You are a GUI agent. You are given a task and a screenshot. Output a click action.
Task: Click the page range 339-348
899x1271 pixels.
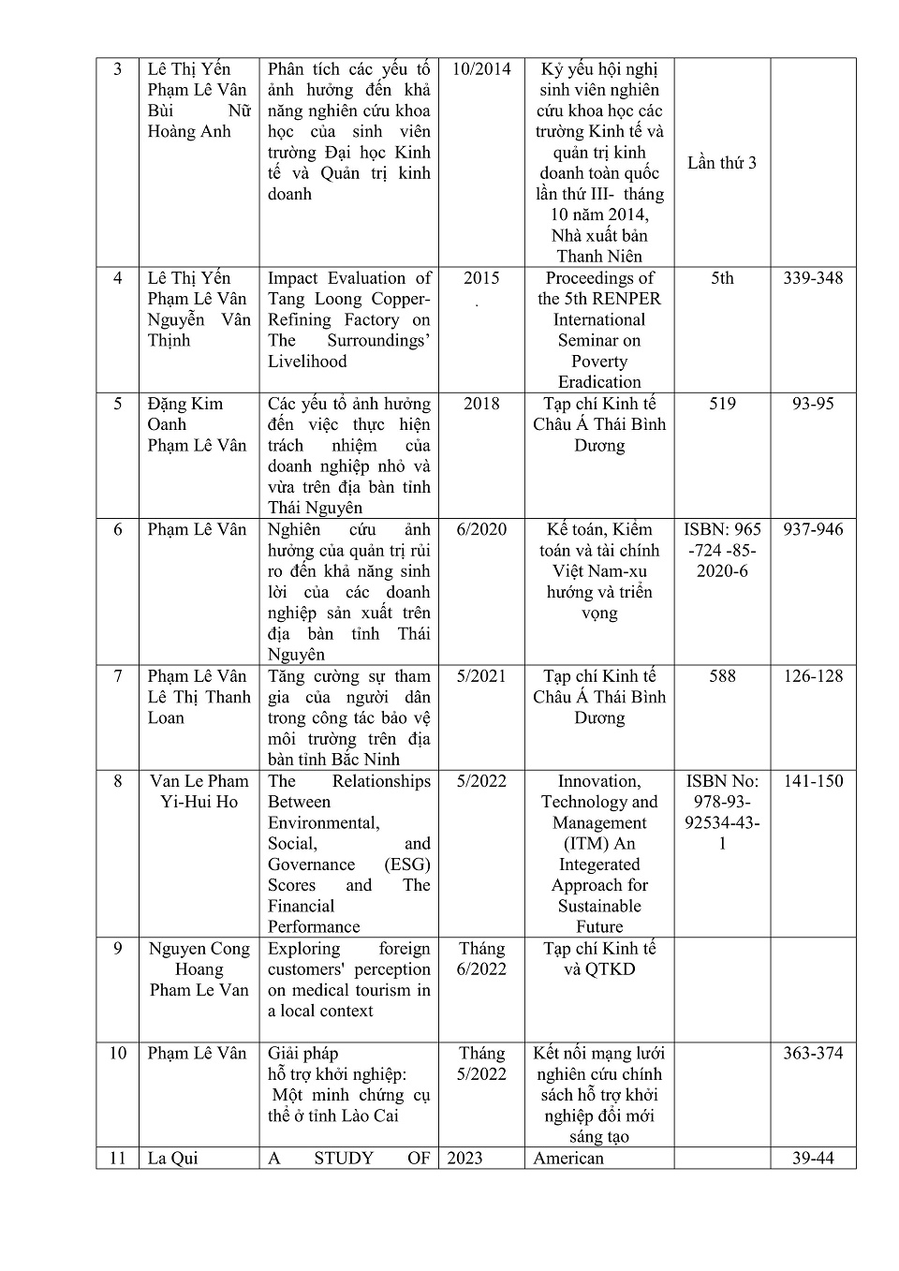[813, 278]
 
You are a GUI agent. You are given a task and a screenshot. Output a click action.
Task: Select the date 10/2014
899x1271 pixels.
[481, 69]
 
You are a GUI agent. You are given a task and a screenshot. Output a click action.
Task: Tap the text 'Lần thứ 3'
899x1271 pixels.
[722, 163]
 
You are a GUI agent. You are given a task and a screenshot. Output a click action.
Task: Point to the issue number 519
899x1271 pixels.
[722, 404]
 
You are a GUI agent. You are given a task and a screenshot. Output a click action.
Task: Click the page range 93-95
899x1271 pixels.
[813, 404]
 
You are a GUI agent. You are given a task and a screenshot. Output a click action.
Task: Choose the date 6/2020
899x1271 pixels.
[481, 529]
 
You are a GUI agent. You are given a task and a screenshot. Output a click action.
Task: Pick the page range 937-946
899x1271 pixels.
[813, 529]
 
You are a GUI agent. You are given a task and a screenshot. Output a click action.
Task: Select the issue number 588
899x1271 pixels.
[722, 676]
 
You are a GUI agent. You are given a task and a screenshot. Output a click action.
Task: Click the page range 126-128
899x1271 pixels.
[813, 676]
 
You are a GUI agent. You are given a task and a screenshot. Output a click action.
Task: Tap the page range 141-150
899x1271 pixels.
[813, 781]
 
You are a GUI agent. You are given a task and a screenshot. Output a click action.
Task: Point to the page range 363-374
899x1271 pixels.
[813, 1054]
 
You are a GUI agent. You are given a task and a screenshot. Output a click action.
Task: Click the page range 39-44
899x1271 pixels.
[813, 1159]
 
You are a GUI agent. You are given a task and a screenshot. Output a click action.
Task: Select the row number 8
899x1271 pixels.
[118, 781]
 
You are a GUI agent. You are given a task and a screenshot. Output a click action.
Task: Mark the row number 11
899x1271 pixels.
[118, 1159]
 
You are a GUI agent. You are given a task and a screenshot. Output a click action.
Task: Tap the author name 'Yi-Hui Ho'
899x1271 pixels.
[199, 802]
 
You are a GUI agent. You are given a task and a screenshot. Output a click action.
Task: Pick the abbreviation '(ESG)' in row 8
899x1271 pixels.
[407, 865]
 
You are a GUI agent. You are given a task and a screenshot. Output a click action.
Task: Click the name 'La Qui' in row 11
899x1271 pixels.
[173, 1159]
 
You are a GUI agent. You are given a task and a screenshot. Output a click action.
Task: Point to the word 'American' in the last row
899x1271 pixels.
[568, 1159]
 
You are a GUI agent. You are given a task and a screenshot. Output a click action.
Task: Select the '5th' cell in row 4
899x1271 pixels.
[722, 278]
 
